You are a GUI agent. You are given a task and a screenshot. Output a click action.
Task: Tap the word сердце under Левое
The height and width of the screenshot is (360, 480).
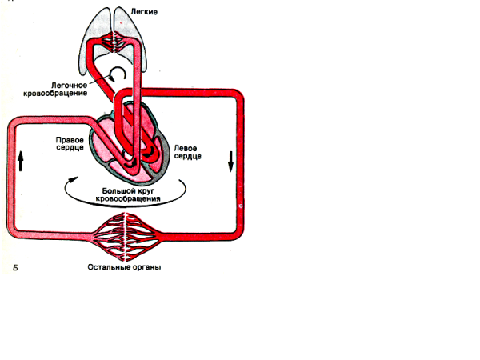tap(186, 156)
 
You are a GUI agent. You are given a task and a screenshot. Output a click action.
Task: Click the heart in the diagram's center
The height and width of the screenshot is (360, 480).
tap(128, 148)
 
